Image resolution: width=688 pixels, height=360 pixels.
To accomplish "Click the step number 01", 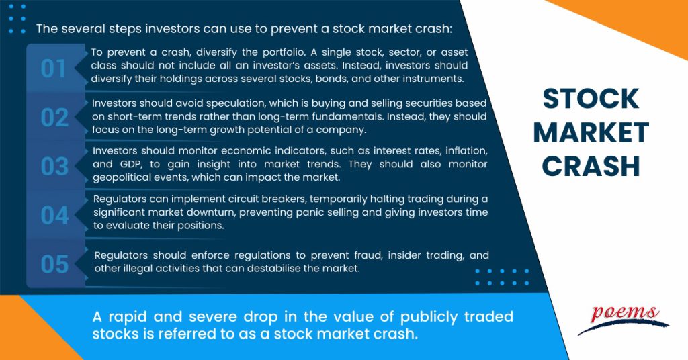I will point(54,68).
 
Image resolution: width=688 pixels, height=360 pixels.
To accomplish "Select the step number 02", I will point(54,117).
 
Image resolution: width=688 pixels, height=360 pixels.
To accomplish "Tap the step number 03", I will point(54,166).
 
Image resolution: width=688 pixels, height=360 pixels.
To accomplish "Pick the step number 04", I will point(54,215).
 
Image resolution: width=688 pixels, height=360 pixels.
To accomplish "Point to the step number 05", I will point(54,264).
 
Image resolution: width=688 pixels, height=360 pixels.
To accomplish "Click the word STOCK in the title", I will point(591,100).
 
